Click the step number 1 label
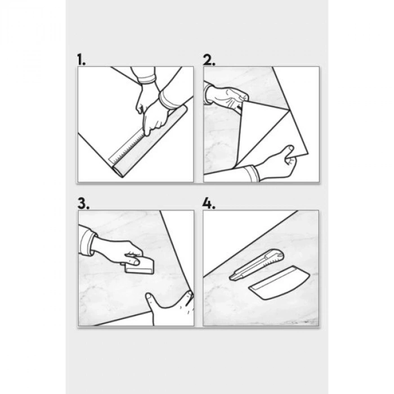[x=81, y=60]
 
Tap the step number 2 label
[x=209, y=60]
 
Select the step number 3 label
[x=83, y=203]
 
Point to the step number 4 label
[x=209, y=203]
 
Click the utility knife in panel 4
[x=256, y=265]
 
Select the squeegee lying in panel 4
[x=279, y=283]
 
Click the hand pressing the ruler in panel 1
[x=155, y=118]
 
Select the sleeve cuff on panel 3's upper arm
[x=88, y=241]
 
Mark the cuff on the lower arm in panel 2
[x=253, y=173]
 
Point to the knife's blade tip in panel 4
[x=230, y=278]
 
